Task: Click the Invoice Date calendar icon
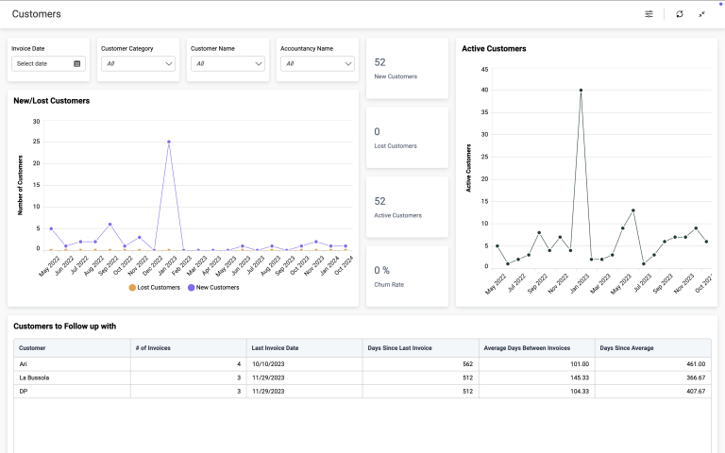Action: (76, 64)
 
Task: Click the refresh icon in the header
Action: (680, 14)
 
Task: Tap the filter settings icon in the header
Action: (649, 14)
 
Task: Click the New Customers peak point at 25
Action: (169, 142)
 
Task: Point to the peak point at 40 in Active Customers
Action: (581, 91)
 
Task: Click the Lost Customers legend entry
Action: (155, 288)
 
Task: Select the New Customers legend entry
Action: (213, 288)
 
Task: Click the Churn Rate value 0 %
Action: (382, 271)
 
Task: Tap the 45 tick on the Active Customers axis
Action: (484, 69)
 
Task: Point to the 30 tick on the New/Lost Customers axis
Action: (36, 122)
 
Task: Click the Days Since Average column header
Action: (627, 348)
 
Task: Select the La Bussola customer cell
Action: (34, 377)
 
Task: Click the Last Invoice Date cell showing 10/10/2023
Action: (268, 364)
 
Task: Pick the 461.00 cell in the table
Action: (696, 364)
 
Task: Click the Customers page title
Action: (37, 14)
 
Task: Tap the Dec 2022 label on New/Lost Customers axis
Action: (154, 265)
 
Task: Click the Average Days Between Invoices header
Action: (527, 348)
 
